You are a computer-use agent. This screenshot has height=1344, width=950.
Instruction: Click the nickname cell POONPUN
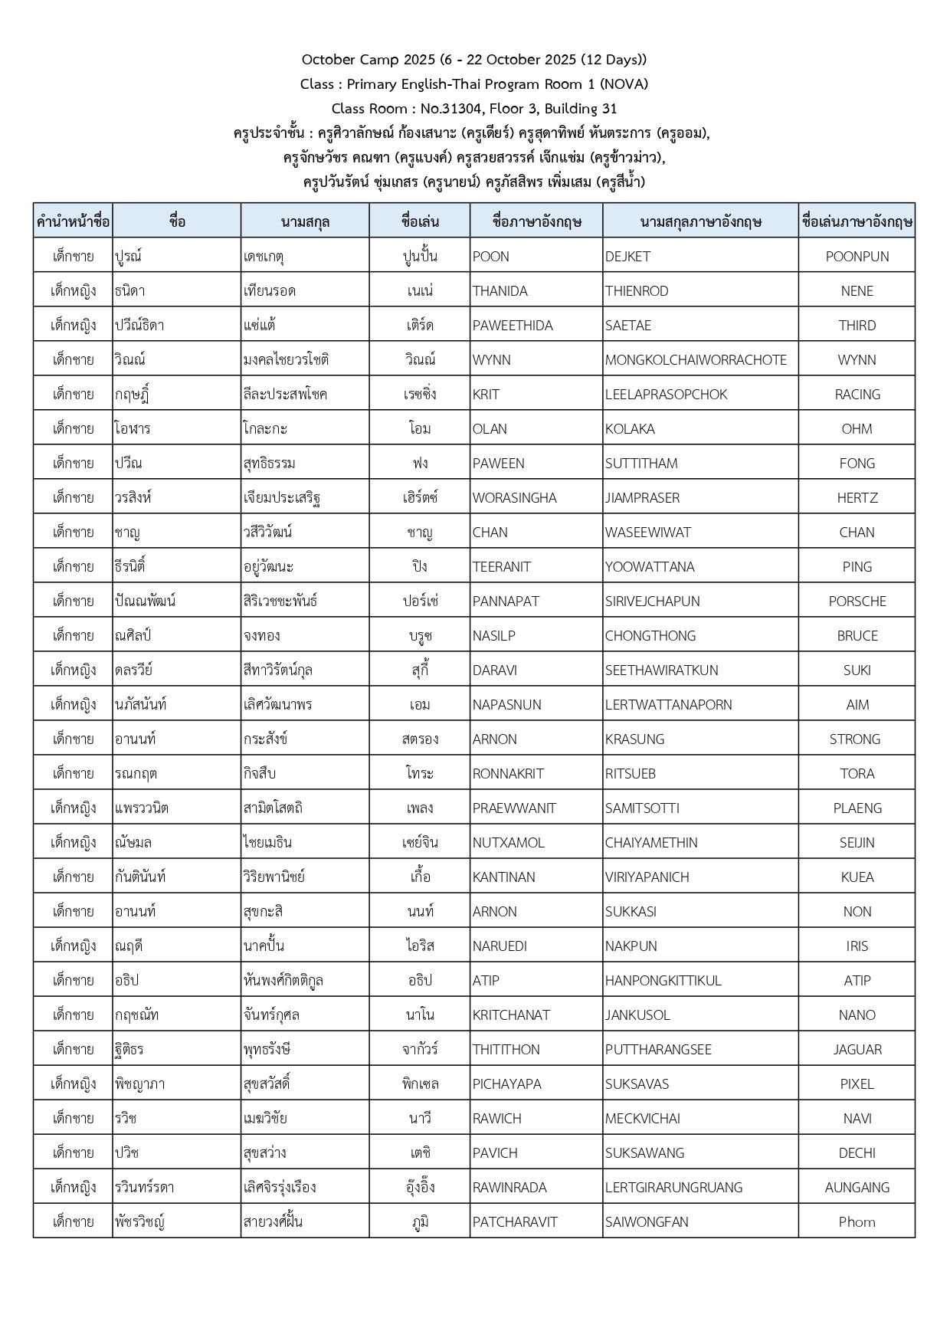(857, 257)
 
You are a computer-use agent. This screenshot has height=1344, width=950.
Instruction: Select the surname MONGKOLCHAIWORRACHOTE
(696, 360)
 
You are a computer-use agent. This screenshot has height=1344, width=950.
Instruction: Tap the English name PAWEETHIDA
(513, 326)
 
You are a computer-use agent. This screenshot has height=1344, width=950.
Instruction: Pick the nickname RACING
(857, 395)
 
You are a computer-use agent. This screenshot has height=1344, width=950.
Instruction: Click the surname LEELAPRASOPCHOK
(666, 395)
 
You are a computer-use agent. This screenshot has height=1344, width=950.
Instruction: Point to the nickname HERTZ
(857, 498)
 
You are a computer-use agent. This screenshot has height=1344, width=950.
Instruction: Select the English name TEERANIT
(502, 567)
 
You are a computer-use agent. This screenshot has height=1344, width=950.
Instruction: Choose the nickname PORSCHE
(857, 602)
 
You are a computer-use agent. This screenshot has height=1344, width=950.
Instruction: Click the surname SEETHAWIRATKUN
(661, 670)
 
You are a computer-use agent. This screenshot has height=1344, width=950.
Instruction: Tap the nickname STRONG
(855, 739)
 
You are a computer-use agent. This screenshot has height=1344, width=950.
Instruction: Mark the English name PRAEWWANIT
(514, 808)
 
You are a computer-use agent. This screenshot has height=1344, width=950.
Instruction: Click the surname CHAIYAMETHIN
(651, 843)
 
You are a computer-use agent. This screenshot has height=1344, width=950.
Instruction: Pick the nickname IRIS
(857, 946)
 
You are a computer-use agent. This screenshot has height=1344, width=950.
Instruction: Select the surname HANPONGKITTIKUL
(663, 981)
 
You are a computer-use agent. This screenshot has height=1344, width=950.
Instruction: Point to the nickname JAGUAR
(857, 1050)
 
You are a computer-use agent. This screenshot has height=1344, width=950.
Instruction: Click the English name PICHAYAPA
(506, 1084)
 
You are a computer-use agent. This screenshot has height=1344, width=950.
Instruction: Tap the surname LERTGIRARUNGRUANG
(673, 1188)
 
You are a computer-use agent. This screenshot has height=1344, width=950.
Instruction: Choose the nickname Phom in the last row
(857, 1222)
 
